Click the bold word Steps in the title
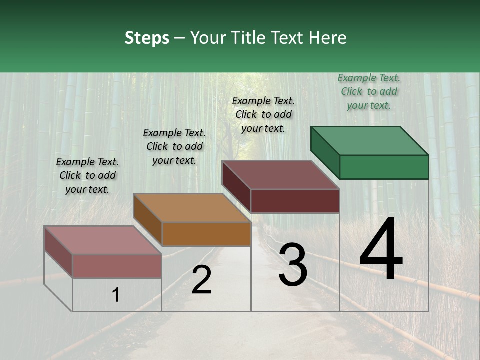pyautogui.click(x=147, y=38)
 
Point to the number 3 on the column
pyautogui.click(x=293, y=265)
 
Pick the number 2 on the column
pyautogui.click(x=201, y=280)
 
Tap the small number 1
pyautogui.click(x=116, y=295)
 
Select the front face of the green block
pyautogui.click(x=384, y=167)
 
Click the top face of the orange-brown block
pyautogui.click(x=192, y=208)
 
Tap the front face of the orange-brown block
pyautogui.click(x=206, y=234)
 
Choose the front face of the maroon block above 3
pyautogui.click(x=295, y=201)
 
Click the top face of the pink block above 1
pyautogui.click(x=103, y=240)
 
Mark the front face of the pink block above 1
pyautogui.click(x=117, y=266)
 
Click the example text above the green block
pyautogui.click(x=369, y=92)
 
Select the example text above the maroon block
pyautogui.click(x=263, y=114)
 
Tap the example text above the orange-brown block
pyautogui.click(x=174, y=146)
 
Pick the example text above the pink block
pyautogui.click(x=87, y=175)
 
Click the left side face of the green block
pyautogui.click(x=325, y=152)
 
